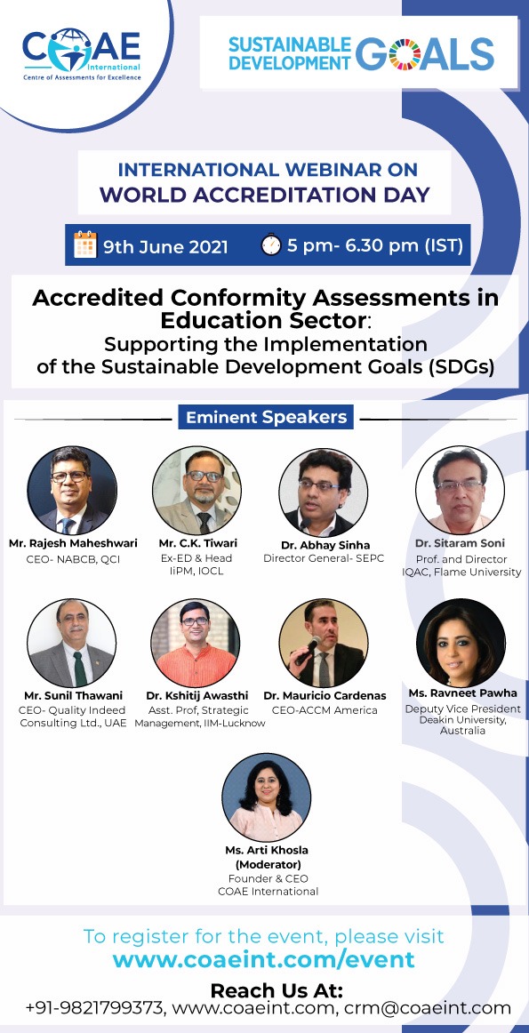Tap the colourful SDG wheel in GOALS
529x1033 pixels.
[x=405, y=53]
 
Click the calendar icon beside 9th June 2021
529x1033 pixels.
[x=85, y=244]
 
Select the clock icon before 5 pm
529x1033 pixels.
[x=271, y=244]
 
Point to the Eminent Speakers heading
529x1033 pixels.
[x=266, y=417]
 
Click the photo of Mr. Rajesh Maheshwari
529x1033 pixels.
[x=72, y=490]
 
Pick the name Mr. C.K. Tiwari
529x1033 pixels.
[x=197, y=543]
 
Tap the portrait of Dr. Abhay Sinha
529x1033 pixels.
[x=323, y=492]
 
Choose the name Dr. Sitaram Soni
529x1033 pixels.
[x=460, y=543]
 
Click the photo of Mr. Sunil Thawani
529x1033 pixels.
[x=72, y=643]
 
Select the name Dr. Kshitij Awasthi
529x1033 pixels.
[x=197, y=696]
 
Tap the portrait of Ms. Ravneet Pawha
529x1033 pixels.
[x=461, y=643]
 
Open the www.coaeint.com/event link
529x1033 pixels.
[x=263, y=958]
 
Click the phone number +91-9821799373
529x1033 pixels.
[x=95, y=1007]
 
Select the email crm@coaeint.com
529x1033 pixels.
[x=442, y=1007]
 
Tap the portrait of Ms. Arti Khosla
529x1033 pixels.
[x=266, y=797]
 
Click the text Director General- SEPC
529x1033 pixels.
[x=324, y=558]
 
